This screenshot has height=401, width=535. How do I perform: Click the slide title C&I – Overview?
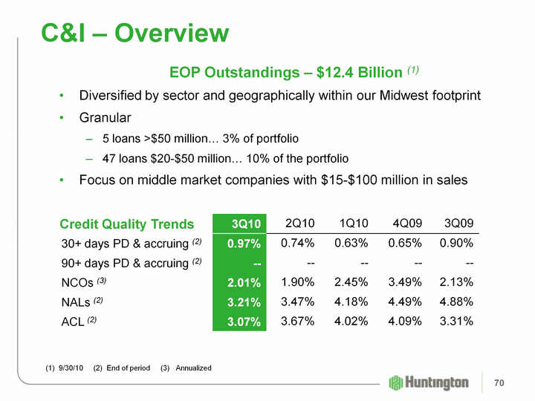[134, 33]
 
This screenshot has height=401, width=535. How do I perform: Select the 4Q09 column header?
[406, 224]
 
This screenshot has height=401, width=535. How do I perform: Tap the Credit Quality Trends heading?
[127, 224]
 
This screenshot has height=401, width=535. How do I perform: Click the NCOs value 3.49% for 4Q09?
[405, 282]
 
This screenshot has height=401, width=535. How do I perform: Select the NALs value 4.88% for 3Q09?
[457, 301]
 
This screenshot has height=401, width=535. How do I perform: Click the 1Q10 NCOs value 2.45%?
[351, 282]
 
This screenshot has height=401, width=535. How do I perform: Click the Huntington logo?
[429, 382]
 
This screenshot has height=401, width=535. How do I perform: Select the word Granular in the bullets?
[105, 118]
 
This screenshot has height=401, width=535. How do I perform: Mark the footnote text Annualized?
[194, 368]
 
